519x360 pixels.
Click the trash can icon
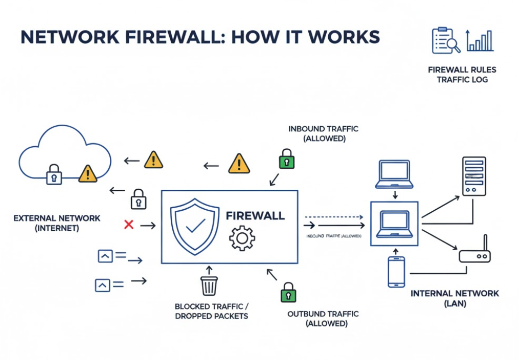209,285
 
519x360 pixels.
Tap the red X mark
129,225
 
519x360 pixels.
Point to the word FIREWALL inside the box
255,215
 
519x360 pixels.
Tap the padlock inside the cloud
54,174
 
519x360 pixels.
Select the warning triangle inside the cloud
88,173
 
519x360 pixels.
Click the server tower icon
473,176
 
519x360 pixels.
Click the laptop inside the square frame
394,224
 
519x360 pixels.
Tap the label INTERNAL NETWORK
455,294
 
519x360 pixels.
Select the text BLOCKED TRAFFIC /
211,307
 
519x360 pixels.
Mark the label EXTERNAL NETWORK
57,218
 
